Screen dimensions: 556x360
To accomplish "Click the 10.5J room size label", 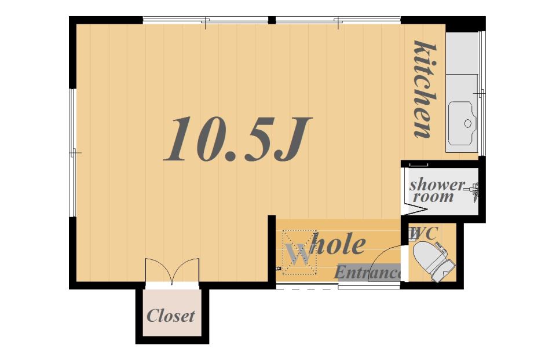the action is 237,139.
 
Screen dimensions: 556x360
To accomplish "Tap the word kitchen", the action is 425,89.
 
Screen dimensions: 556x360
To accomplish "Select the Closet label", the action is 170,315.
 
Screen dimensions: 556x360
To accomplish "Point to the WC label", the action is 423,233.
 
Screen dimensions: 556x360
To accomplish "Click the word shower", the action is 437,185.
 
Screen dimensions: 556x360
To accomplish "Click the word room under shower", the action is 433,197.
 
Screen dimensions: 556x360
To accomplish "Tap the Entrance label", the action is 367,273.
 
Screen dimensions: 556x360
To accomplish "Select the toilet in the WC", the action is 434,261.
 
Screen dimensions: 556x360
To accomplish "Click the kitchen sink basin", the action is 462,123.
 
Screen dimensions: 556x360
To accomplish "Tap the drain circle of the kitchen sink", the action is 468,123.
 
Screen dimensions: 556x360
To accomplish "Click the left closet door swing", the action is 158,271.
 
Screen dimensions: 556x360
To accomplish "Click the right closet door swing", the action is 186,271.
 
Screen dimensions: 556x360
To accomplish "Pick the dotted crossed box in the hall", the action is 299,252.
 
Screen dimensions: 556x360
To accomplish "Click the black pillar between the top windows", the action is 272,20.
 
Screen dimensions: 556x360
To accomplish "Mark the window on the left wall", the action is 73,152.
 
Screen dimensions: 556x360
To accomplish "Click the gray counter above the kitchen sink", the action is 462,53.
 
